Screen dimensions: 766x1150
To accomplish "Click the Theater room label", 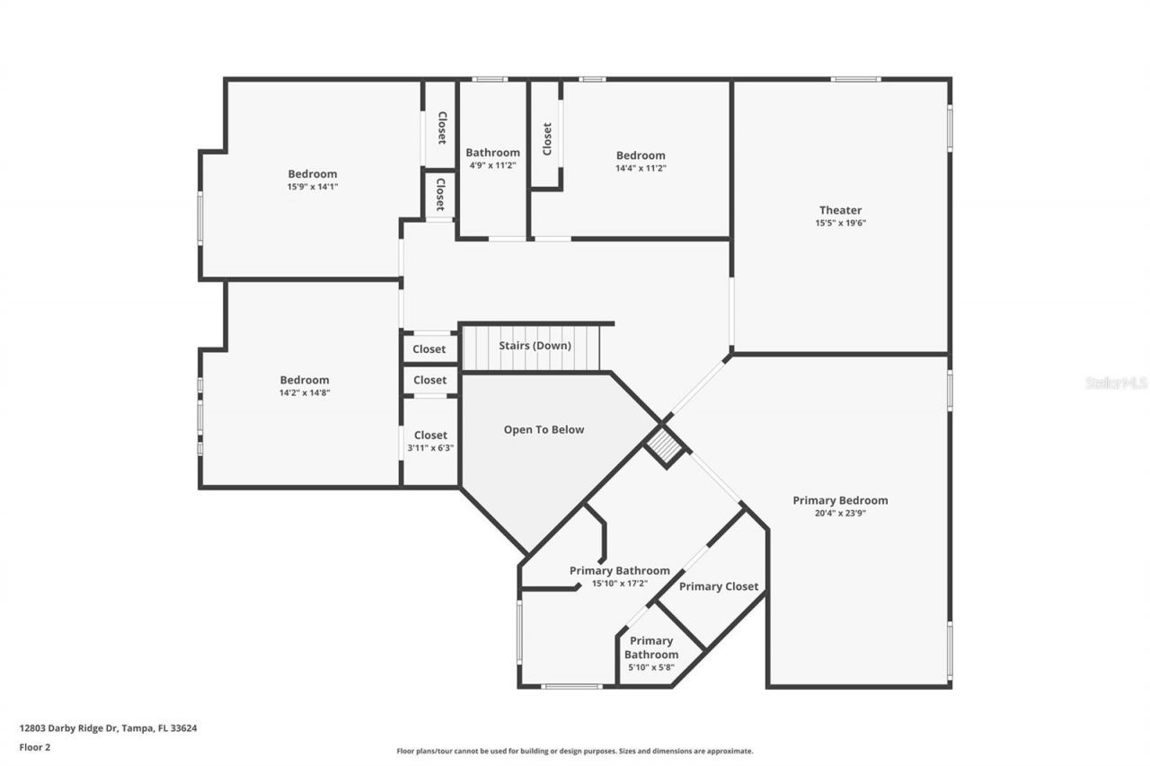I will coord(840,210).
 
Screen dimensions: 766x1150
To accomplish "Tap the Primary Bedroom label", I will coord(840,500).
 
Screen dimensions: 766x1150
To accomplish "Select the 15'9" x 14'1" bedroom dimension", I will coord(313,187).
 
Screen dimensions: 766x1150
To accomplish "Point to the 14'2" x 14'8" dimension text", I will coord(305,392).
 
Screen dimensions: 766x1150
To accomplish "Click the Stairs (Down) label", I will coord(535,346).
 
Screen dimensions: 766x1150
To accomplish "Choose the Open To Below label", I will coord(544,429).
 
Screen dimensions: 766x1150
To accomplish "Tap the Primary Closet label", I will coord(719,586).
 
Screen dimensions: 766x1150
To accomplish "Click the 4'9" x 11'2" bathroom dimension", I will coord(492,166).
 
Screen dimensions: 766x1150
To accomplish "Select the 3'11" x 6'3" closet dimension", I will coord(430,448).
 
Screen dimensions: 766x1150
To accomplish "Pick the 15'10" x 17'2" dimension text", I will coord(619,584).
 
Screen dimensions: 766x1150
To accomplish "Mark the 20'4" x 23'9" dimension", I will coord(840,514).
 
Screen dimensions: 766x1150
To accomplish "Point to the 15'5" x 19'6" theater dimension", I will coord(840,224).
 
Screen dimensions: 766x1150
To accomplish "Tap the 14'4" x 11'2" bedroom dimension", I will coord(641,168).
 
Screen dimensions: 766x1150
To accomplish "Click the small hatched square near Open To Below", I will coord(666,446).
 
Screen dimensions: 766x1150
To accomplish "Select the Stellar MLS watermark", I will coord(1117,383).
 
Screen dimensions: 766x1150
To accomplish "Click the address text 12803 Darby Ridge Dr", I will coord(108,728).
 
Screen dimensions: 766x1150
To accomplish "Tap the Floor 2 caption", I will coord(34,746).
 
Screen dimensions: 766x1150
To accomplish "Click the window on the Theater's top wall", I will coord(855,79).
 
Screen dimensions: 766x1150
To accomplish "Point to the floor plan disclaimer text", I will coord(575,751).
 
